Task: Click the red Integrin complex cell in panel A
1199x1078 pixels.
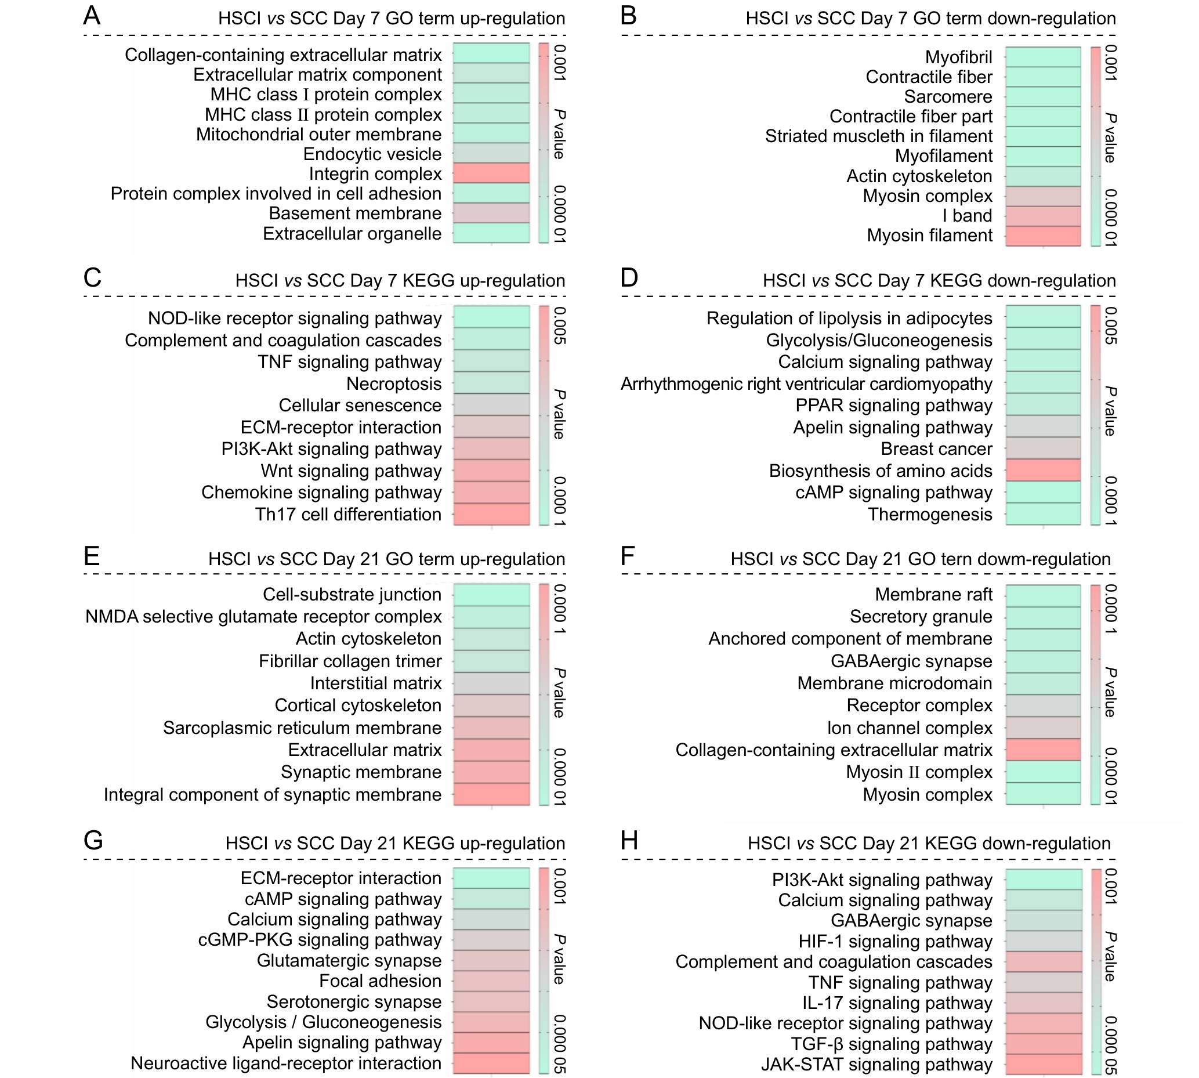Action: pyautogui.click(x=491, y=173)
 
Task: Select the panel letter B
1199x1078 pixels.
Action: pyautogui.click(x=628, y=16)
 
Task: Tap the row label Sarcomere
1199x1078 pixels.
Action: pyautogui.click(x=947, y=96)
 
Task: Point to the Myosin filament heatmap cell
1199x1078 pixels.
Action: pyautogui.click(x=1043, y=236)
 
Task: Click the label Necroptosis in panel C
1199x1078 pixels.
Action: pyautogui.click(x=394, y=384)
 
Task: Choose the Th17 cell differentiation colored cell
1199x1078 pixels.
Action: pyautogui.click(x=491, y=513)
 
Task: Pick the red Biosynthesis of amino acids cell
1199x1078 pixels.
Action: pyautogui.click(x=1043, y=471)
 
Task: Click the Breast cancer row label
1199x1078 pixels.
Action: pyautogui.click(x=936, y=449)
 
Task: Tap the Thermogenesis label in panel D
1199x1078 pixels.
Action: pyautogui.click(x=930, y=514)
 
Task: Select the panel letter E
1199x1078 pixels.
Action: pyautogui.click(x=91, y=557)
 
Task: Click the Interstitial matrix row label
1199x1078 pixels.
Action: pyautogui.click(x=375, y=683)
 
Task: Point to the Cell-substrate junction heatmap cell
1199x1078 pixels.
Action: pyautogui.click(x=491, y=595)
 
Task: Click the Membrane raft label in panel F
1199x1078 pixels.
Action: pyautogui.click(x=933, y=595)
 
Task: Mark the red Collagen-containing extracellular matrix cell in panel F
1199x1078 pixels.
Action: pyautogui.click(x=1043, y=750)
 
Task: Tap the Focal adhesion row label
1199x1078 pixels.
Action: pyautogui.click(x=379, y=981)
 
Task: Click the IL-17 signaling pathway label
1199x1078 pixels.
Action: pyautogui.click(x=897, y=1003)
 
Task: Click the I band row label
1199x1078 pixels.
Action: pyautogui.click(x=967, y=216)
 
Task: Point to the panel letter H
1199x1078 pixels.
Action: pyautogui.click(x=629, y=841)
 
